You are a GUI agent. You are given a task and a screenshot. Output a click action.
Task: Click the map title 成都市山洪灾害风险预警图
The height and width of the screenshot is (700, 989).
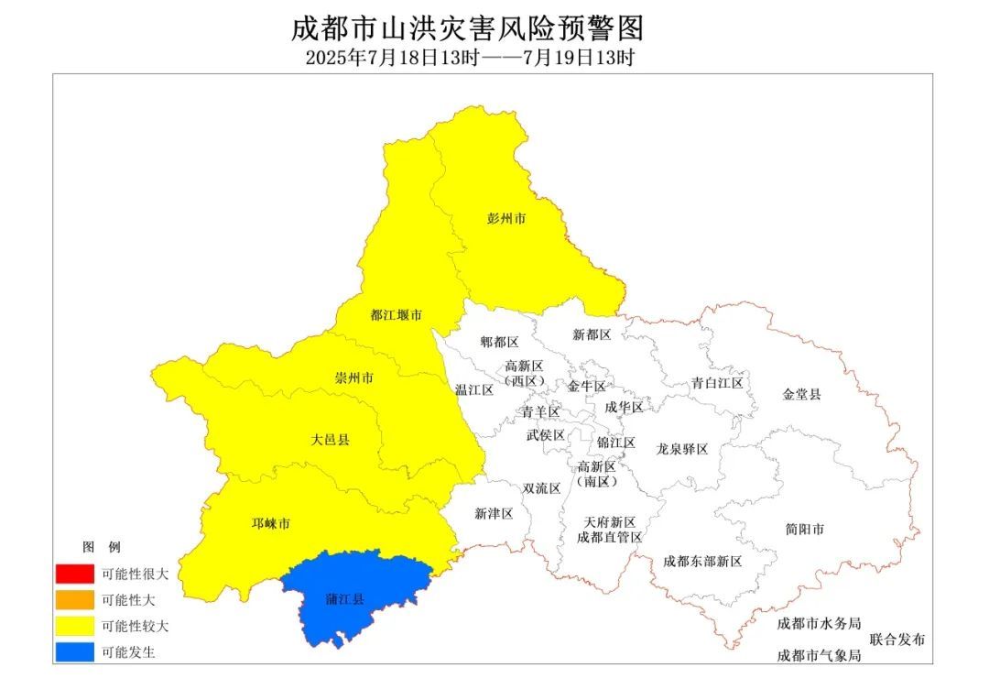pos(468,28)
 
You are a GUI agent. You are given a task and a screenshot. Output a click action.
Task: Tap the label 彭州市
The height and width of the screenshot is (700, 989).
pos(506,220)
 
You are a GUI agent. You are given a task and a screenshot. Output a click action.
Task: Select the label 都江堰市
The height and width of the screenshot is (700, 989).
pos(396,315)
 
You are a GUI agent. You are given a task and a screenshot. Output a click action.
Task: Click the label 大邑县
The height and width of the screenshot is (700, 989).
pos(331,441)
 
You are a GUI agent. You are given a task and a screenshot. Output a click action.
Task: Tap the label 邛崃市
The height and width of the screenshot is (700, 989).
pos(271,524)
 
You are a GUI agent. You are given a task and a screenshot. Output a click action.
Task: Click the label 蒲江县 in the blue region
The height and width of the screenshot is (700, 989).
pos(345,600)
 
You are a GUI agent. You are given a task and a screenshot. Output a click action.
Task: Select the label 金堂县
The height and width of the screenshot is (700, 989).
pos(802,395)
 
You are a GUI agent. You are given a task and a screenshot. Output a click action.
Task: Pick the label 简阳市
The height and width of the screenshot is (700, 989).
pos(805,530)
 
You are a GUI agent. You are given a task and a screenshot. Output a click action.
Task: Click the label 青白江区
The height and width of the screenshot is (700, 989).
pos(717,383)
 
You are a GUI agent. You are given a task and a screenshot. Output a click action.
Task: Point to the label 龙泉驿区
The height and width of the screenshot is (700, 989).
pos(682,450)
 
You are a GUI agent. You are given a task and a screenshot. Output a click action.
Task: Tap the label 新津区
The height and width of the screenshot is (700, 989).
pos(494,514)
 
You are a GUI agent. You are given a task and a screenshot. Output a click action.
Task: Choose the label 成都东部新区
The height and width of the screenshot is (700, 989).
pos(702,561)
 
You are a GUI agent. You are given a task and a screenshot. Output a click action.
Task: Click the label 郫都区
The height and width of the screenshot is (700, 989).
pos(500,343)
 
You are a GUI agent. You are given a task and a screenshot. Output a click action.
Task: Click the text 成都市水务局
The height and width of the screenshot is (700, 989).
pos(819,623)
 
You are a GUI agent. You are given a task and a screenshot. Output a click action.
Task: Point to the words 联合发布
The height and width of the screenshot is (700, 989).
pos(897,640)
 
